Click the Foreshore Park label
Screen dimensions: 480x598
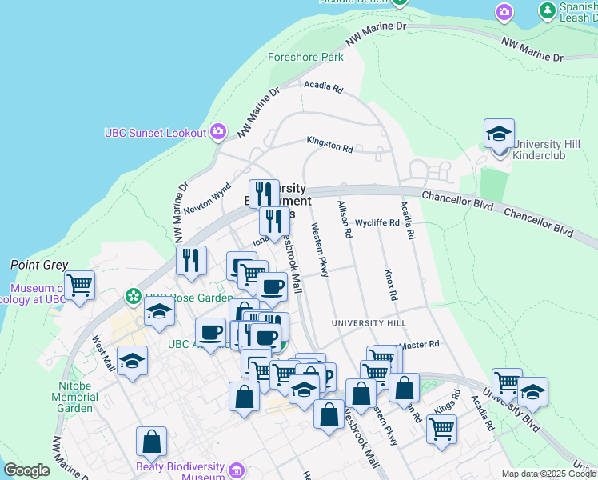tap(305, 58)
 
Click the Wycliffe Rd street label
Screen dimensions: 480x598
tap(377, 223)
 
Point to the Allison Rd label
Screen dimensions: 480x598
tap(345, 220)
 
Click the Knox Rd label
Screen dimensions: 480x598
tap(390, 284)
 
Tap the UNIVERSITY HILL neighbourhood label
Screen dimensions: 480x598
tap(369, 323)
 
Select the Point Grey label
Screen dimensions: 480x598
tap(38, 265)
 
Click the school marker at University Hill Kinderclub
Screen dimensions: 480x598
tap(499, 134)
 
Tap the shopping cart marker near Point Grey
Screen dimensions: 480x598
tap(79, 285)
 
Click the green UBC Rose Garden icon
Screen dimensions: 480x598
tap(133, 298)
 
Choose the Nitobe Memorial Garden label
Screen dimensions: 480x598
tap(78, 396)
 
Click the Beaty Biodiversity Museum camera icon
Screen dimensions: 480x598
tap(236, 470)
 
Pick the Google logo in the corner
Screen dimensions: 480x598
tap(26, 470)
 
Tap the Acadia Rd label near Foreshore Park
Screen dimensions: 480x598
tap(323, 86)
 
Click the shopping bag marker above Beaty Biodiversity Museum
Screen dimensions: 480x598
tap(151, 442)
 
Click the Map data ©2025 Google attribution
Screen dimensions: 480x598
tap(548, 474)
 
